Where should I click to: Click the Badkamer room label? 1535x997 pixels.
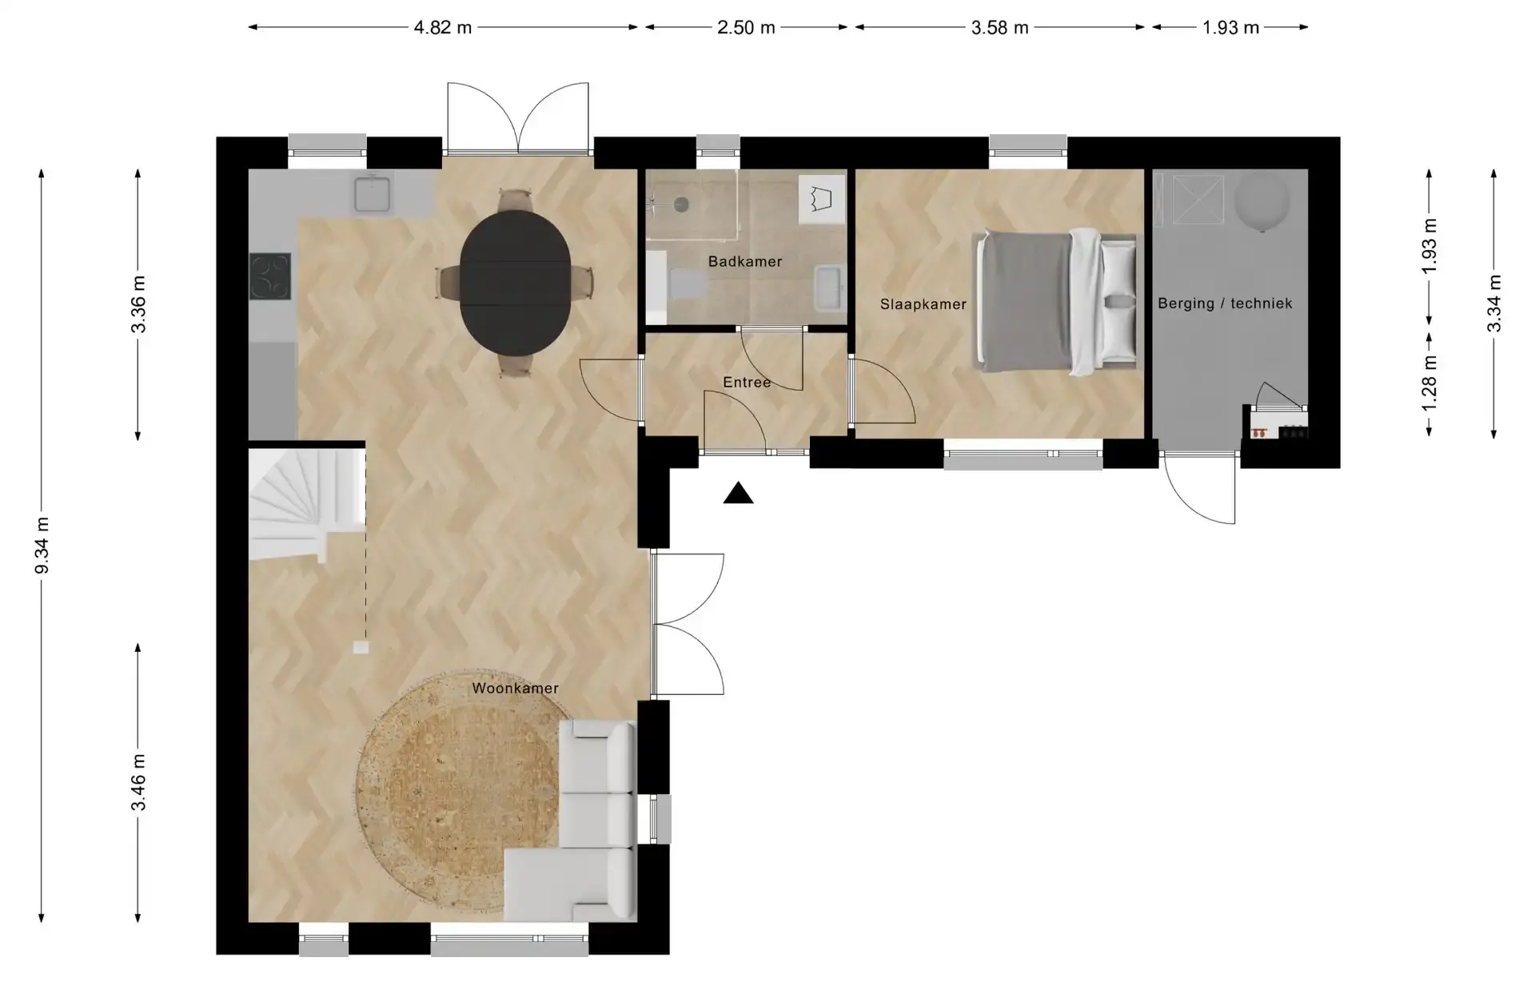[x=744, y=261]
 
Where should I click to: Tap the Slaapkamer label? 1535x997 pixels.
[x=923, y=304]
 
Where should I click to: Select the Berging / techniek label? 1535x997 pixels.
[x=1225, y=304]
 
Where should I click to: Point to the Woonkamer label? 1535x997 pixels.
[x=515, y=688]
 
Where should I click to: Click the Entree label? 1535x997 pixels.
[x=747, y=383]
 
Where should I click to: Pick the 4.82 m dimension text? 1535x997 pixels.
[x=443, y=27]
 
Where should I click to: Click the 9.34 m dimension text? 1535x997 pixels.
[x=42, y=545]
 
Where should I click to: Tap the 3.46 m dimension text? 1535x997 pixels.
[x=138, y=782]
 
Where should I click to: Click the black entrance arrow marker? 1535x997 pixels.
[x=738, y=494]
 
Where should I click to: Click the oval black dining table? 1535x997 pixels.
[x=516, y=282]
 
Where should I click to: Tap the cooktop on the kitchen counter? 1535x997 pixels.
[x=270, y=276]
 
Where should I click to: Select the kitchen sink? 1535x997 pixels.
[x=372, y=193]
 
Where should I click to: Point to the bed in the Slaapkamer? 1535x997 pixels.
[x=1055, y=302]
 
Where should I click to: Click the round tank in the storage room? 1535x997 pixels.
[x=1262, y=201]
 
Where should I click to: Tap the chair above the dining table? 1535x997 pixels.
[x=516, y=200]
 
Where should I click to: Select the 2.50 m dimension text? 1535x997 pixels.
[x=746, y=27]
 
